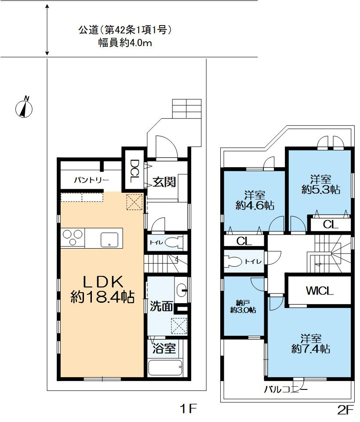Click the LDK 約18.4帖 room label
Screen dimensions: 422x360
[102, 289]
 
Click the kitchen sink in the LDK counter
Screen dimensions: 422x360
[108, 240]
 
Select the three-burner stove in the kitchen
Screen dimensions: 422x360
[73, 239]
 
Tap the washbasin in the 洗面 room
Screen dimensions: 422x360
[183, 290]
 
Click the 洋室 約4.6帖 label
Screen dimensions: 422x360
[255, 200]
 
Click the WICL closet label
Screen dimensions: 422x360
[320, 291]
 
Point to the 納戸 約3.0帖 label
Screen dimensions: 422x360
[243, 306]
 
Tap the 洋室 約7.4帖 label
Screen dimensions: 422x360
[310, 344]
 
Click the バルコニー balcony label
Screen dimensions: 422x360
[286, 389]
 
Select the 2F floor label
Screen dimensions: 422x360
[345, 410]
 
